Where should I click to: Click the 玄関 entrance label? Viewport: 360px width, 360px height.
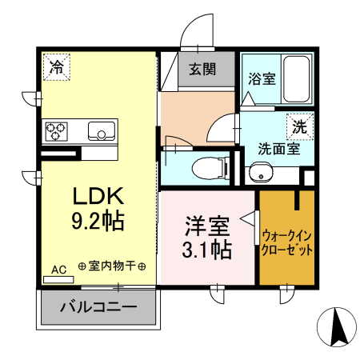tap(202, 70)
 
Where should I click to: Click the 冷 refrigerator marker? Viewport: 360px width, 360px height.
tap(56, 67)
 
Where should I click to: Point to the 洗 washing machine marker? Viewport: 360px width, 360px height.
tap(299, 126)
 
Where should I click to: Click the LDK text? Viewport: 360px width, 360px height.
tap(100, 197)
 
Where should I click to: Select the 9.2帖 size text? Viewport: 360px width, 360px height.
tap(99, 222)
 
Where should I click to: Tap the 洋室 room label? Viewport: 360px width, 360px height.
tap(204, 225)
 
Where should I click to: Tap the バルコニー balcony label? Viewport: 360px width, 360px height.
tap(98, 306)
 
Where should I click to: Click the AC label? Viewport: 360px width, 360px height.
tap(58, 270)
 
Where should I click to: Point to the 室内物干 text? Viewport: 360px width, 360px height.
tap(111, 266)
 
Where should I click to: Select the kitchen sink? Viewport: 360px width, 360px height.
tap(102, 130)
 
